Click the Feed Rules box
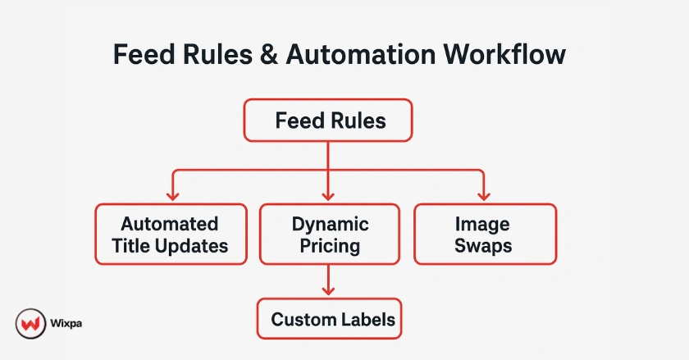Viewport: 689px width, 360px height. point(328,121)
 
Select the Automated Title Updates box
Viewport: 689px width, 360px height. point(171,234)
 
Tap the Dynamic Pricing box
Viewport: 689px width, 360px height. point(330,234)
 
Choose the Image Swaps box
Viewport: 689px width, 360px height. point(484,234)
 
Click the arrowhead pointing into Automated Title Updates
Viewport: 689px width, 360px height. point(171,195)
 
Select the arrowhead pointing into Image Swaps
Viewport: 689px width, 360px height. point(484,195)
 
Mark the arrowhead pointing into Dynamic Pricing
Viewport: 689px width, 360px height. point(328,195)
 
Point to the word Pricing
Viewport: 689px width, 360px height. point(330,245)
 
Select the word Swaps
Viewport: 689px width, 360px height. point(484,245)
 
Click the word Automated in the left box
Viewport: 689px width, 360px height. point(170,224)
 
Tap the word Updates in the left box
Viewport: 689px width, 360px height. point(198,245)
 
